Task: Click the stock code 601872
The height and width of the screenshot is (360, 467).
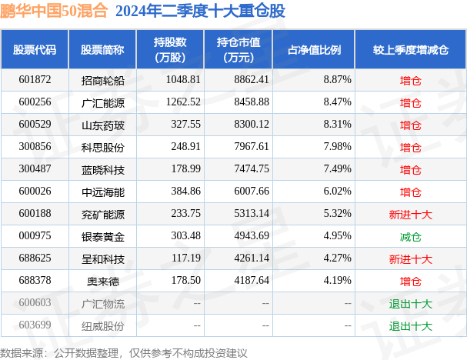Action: click(35, 79)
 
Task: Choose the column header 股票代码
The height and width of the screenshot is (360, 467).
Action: click(35, 50)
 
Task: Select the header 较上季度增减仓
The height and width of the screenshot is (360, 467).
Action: click(410, 50)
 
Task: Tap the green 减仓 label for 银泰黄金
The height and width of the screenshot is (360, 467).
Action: click(410, 236)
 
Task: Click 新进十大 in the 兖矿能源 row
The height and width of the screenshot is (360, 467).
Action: click(410, 214)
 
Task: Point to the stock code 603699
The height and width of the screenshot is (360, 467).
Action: click(35, 325)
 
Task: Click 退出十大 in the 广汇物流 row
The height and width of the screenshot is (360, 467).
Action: click(410, 303)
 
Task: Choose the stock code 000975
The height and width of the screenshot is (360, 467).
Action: click(35, 236)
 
